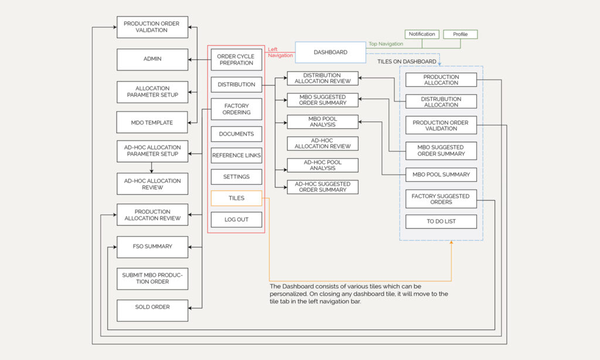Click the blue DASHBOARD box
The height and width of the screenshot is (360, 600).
[330, 52]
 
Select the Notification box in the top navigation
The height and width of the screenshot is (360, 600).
[422, 35]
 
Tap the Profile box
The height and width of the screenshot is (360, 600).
[460, 35]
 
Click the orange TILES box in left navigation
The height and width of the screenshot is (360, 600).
[236, 198]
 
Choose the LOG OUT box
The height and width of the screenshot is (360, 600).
[236, 220]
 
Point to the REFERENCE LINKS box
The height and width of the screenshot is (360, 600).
[236, 155]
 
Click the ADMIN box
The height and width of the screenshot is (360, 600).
[152, 59]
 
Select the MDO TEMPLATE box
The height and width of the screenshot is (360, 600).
[152, 123]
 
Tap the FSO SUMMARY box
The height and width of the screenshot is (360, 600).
[152, 247]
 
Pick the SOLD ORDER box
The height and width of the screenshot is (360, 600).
[152, 307]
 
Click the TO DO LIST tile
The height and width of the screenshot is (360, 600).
[441, 222]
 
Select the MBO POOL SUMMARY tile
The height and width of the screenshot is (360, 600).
[441, 175]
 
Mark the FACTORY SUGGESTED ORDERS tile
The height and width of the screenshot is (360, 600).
[441, 199]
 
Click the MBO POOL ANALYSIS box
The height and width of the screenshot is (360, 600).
[322, 122]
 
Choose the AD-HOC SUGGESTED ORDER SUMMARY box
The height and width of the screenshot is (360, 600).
[322, 187]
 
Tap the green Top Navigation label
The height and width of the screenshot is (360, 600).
[386, 44]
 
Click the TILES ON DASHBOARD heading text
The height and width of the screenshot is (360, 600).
[407, 62]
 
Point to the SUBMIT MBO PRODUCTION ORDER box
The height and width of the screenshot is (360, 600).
[152, 279]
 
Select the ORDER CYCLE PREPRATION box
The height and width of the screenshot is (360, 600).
[236, 60]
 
